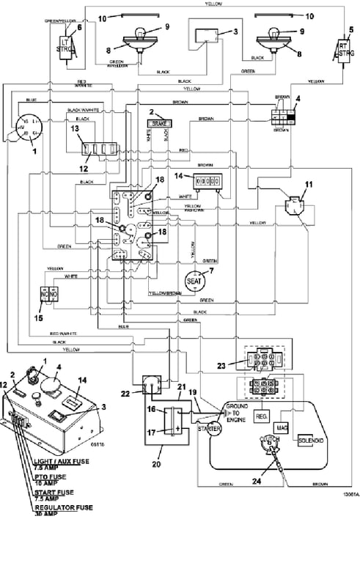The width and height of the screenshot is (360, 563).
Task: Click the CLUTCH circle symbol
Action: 267,442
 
